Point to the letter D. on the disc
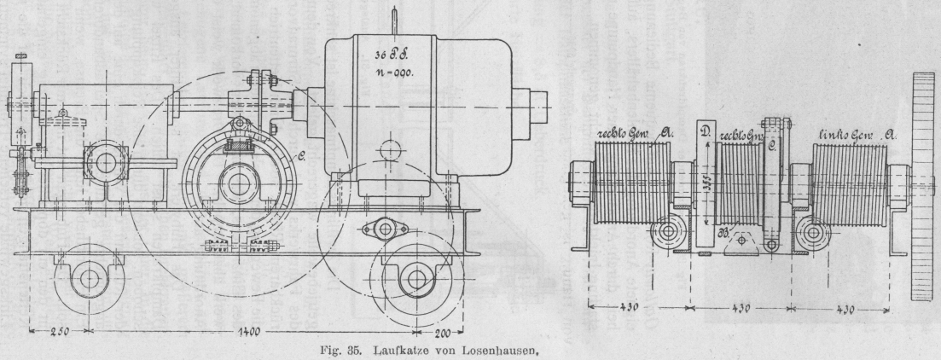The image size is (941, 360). coord(705,133)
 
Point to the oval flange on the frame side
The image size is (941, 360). coord(380,229)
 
